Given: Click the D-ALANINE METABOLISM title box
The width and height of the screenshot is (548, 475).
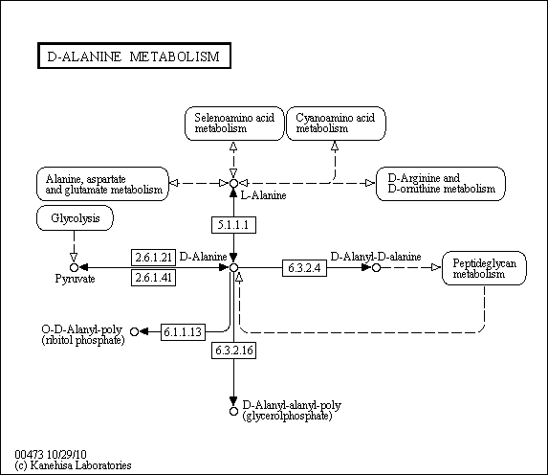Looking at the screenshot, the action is point(134,56).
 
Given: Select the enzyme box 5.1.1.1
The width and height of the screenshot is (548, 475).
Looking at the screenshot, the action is point(233,225).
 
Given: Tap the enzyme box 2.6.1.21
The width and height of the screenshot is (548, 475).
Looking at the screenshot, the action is point(153,258).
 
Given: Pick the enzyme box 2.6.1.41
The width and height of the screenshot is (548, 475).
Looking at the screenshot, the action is point(153,278).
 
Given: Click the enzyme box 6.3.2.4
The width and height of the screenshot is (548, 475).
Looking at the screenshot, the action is point(304,268).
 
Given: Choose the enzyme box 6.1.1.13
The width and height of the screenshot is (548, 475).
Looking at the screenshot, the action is point(183,331).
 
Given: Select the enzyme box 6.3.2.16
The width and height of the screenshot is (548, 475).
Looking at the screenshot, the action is point(233,351).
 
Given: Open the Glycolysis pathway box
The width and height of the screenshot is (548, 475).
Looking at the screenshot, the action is point(75,218).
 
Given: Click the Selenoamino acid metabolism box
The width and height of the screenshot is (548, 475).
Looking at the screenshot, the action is point(234,124).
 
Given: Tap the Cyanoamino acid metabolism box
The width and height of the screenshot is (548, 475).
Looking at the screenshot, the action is point(336,124).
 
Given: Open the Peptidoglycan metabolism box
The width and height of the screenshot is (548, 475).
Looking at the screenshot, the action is point(484,268).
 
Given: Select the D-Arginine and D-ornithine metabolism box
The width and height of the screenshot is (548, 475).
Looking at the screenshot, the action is point(441,184).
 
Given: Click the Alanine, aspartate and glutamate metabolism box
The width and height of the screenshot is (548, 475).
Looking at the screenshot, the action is point(102,184).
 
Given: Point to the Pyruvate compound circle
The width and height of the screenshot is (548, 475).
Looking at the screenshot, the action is point(74,268).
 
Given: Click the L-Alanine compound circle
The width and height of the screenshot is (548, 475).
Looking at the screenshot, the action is point(233,184).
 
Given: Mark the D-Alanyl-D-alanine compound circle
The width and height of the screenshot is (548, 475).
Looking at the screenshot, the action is point(376,268).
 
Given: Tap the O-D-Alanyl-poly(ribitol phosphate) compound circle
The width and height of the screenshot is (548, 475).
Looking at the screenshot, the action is point(134,331).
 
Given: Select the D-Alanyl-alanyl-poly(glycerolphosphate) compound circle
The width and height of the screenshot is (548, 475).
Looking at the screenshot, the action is point(233,411).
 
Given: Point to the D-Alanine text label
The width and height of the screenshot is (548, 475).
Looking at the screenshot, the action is point(203,257).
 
